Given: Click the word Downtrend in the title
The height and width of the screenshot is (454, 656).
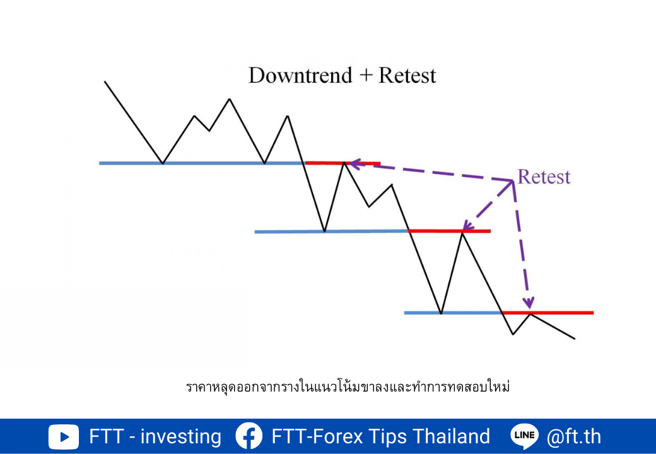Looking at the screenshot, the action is pos(300,76).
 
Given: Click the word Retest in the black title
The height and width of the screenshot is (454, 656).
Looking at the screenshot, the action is pos(407,76).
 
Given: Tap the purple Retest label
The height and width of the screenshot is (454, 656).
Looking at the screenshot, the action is pos(544,177).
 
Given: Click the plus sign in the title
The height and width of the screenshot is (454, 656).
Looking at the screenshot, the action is pos(366,76).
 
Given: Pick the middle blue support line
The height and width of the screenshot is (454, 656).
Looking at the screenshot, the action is pos(331,231).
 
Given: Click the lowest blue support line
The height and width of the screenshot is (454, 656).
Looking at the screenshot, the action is pos(453,313).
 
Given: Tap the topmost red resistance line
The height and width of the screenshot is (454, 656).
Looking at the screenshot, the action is pos(343,163).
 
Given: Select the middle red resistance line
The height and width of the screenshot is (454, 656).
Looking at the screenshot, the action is pos(449,231).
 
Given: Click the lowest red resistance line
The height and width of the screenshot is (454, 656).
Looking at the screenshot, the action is pos(548,312).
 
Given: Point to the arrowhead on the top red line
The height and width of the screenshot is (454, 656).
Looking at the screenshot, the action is pos(354,163).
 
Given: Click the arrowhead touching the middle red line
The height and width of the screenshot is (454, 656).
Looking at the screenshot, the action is pos(467,226).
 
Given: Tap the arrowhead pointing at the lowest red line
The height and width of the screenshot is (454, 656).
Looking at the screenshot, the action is pos(529,302).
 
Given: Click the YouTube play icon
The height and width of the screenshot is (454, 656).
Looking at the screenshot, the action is pos(64,437).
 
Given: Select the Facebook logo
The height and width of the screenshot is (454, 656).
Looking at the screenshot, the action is pos(249,436).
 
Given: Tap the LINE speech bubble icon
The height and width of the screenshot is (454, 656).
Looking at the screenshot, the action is pos(525,436).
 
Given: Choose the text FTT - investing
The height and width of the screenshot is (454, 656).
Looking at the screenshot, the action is pos(155,436).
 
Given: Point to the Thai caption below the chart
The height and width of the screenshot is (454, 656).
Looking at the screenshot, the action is pos(348,387).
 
